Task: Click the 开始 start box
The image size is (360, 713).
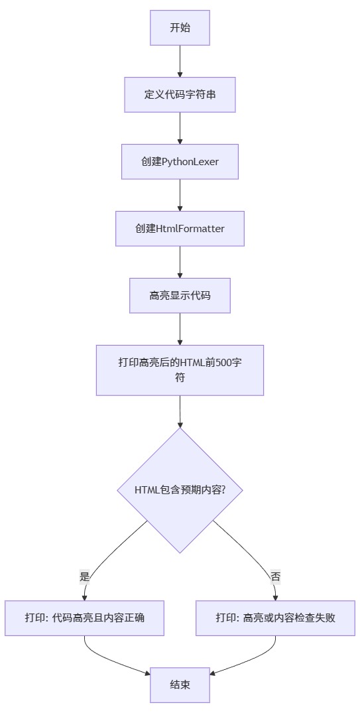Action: [x=180, y=28]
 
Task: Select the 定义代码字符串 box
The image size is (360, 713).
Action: [x=180, y=95]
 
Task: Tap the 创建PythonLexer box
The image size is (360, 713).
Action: [x=180, y=162]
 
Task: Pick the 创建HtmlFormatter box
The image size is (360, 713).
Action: [x=180, y=229]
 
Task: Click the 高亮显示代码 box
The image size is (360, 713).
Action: [x=180, y=296]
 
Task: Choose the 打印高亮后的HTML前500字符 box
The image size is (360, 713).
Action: [x=180, y=370]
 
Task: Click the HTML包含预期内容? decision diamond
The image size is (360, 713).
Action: [x=180, y=490]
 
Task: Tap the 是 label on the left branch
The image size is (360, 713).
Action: [x=84, y=577]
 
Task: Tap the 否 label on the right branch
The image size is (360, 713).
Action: [x=275, y=577]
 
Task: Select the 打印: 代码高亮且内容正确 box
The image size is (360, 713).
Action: [x=84, y=618]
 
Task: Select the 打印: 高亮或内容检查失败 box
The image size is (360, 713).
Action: [x=275, y=618]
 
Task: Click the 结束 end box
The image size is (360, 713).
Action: [x=180, y=685]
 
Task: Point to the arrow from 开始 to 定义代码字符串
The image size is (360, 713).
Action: [x=180, y=61]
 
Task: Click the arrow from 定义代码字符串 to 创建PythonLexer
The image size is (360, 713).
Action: [x=180, y=128]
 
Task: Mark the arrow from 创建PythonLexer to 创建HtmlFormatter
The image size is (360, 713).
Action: [x=180, y=195]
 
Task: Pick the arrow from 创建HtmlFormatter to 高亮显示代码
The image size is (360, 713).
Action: [x=180, y=262]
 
